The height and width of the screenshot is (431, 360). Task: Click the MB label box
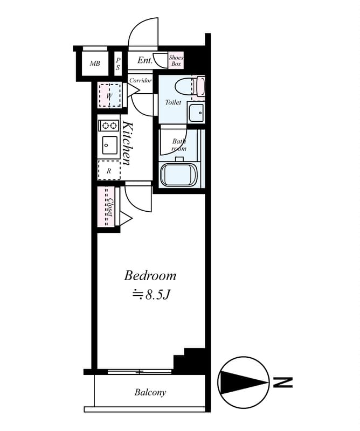95,64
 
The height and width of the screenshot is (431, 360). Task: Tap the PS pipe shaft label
118,64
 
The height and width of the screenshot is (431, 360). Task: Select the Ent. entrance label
144,60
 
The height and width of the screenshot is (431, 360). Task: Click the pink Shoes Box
176,60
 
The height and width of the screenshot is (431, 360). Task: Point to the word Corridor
140,80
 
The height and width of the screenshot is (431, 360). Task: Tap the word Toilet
173,102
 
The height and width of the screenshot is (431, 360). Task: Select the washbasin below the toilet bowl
196,113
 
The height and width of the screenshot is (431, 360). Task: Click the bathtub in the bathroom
179,174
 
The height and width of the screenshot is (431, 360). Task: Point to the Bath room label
178,144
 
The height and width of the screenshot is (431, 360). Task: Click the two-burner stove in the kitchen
109,126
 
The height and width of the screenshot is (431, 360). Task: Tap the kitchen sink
109,144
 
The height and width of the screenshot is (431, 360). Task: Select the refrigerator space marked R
109,170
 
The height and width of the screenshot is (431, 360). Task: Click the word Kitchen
127,143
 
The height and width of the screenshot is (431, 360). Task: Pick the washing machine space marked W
110,96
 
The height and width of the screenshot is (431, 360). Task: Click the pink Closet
107,207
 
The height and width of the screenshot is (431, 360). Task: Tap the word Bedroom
150,276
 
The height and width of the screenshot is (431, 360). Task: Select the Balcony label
150,392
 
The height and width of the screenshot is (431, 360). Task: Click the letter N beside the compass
283,383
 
